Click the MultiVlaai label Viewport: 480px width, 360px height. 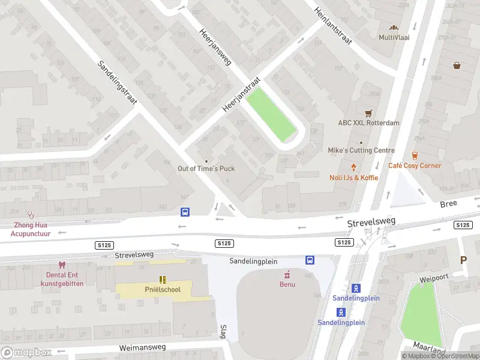(x=394, y=37)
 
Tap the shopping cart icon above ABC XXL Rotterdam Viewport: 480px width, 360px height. (x=368, y=113)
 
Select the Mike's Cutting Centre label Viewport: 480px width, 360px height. (x=361, y=150)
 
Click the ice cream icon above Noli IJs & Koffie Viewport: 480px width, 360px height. (x=353, y=168)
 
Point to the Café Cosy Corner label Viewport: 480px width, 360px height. (x=415, y=166)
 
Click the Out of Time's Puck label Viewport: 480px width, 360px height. (x=206, y=169)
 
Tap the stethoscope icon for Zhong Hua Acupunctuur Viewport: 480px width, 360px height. (x=31, y=214)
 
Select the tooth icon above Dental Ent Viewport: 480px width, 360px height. (x=61, y=265)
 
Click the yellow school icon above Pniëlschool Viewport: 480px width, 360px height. (x=162, y=280)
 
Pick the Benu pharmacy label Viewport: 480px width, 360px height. (x=288, y=284)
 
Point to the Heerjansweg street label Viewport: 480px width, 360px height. (x=215, y=47)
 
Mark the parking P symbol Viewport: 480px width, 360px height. (x=463, y=260)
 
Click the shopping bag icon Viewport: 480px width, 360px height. (x=457, y=65)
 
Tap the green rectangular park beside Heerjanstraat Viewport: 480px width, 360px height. (x=271, y=114)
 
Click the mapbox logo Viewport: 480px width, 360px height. (x=26, y=353)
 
